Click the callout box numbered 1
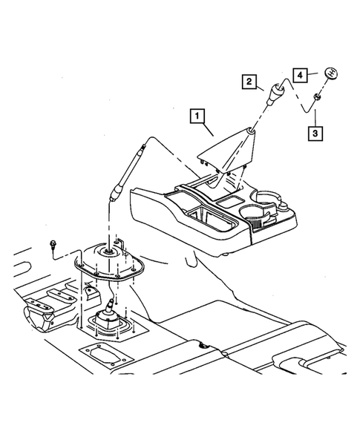[197, 115]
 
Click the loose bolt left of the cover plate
[56, 244]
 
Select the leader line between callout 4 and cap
[315, 74]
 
